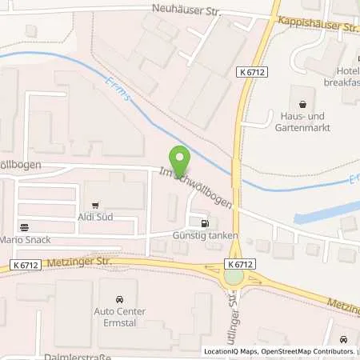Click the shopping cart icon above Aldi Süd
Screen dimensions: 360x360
(x=96, y=206)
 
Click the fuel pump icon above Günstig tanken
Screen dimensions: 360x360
(x=206, y=223)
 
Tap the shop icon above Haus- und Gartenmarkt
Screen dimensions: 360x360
(x=302, y=102)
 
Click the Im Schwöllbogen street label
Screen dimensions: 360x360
(x=197, y=186)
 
